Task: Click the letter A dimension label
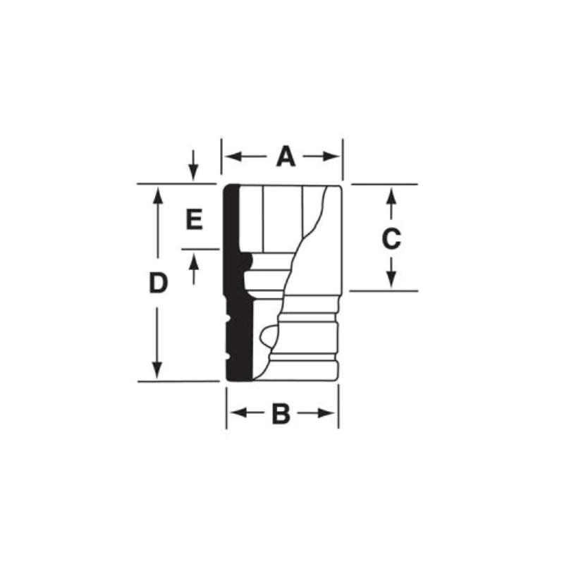point(286,157)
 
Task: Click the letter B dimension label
point(281,414)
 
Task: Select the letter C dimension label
point(391,238)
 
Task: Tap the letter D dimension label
point(158,283)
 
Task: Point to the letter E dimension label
point(195,219)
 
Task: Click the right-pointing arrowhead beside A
point(331,157)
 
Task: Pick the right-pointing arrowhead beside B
point(326,413)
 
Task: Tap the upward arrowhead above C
point(391,197)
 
